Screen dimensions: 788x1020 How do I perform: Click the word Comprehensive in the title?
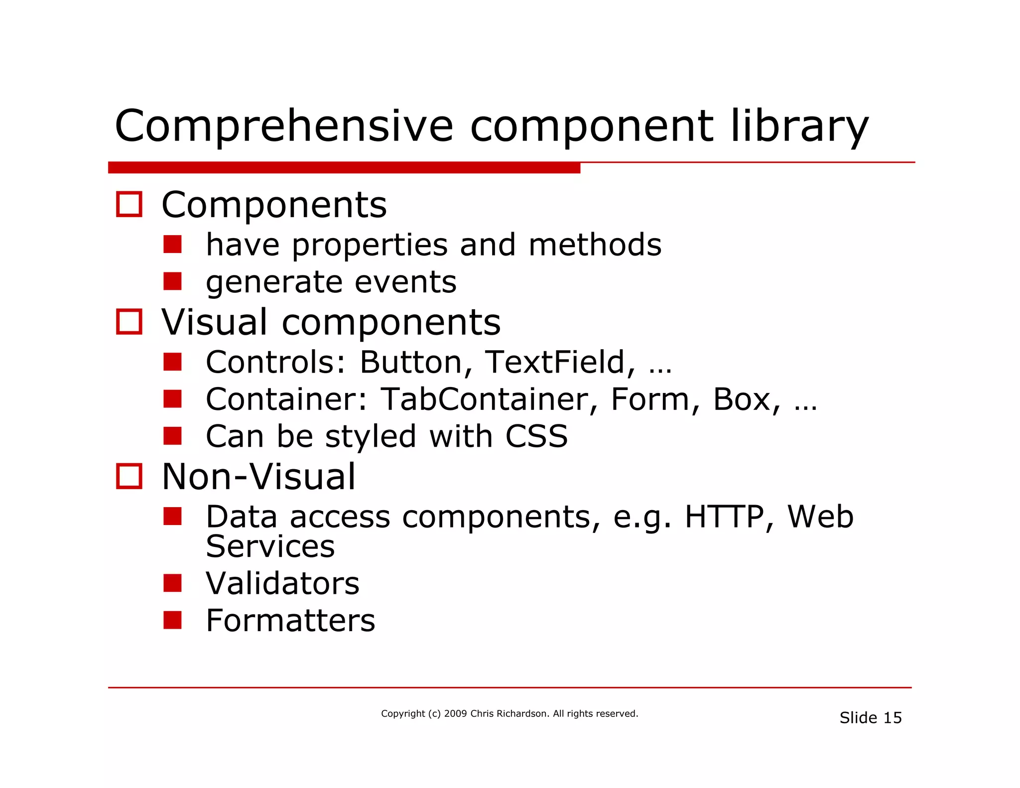(284, 127)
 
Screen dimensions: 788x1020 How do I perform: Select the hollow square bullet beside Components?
(129, 204)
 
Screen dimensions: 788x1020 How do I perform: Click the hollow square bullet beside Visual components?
(129, 322)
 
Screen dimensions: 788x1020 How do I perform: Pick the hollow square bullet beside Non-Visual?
(129, 476)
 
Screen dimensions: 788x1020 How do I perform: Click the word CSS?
(536, 436)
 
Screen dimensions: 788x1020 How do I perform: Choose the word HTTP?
(724, 517)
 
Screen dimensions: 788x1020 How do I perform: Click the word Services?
(270, 546)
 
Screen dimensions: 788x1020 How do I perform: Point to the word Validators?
(282, 583)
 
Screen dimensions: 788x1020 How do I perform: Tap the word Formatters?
(290, 621)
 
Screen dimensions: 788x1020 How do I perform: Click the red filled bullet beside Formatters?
(172, 620)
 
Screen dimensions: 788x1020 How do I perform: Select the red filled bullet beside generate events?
(172, 281)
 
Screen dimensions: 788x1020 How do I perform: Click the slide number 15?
(892, 718)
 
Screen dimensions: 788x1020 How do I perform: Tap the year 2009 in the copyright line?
(455, 714)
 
